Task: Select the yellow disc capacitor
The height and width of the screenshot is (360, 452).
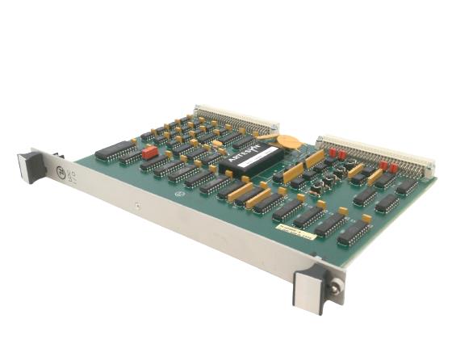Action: point(295,144)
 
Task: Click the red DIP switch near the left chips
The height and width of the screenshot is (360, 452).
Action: point(149,152)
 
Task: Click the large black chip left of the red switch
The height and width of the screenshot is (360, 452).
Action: point(115,149)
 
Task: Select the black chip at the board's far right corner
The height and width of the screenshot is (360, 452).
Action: point(408,187)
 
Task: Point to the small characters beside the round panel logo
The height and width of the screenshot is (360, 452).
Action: point(73,177)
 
